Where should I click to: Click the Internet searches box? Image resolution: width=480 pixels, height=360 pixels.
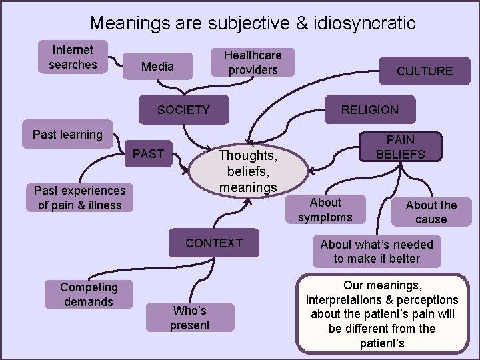(73, 57)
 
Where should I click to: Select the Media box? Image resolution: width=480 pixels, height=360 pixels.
(157, 67)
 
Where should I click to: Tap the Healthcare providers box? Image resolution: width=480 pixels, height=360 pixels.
(252, 63)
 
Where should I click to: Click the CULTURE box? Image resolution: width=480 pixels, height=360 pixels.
(424, 71)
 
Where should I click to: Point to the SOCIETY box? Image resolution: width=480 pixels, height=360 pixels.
(183, 110)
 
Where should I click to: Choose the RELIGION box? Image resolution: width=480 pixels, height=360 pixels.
(369, 110)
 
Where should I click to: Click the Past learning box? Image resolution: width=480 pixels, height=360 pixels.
(67, 135)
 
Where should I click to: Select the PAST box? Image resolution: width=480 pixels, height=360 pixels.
(148, 154)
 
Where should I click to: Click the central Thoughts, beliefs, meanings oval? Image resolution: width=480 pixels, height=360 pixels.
(248, 171)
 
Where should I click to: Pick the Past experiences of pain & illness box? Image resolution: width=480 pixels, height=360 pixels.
(79, 198)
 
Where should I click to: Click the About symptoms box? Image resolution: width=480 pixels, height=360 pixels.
(325, 210)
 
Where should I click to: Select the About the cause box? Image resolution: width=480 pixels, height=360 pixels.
(431, 212)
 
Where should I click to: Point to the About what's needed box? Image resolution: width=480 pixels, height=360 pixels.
(377, 251)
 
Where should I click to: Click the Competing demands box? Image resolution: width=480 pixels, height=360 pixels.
(89, 295)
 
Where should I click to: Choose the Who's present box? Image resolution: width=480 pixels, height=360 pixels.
(190, 318)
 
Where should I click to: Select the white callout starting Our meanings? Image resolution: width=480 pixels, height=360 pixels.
(382, 314)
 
